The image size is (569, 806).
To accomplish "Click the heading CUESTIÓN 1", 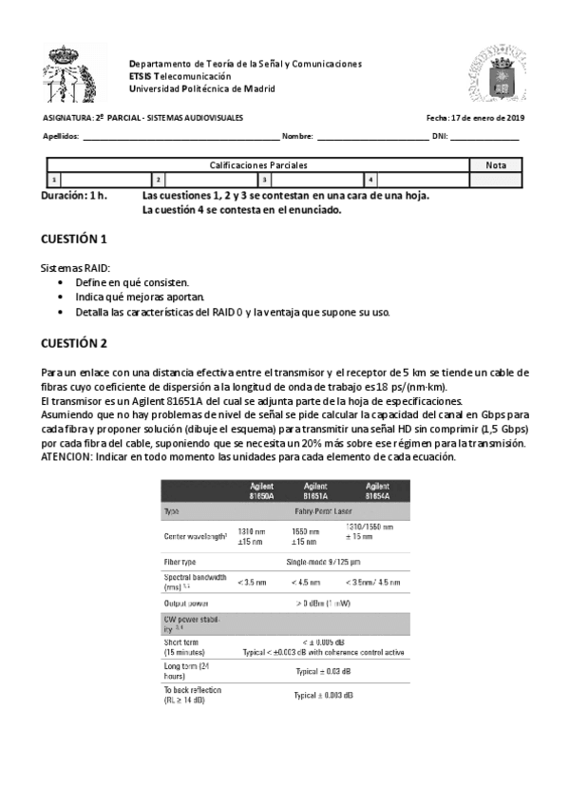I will [75, 239].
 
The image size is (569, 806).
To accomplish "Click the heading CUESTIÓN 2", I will [75, 343].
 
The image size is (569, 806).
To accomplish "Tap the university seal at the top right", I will [495, 75].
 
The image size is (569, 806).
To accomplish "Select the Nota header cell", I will [496, 164].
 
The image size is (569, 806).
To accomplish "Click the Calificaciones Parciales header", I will [258, 164].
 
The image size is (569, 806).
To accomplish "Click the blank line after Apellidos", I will [180, 137].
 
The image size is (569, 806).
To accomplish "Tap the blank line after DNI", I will [484, 137].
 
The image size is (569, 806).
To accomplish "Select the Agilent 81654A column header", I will [377, 490].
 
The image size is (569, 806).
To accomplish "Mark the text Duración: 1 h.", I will [74, 195].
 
